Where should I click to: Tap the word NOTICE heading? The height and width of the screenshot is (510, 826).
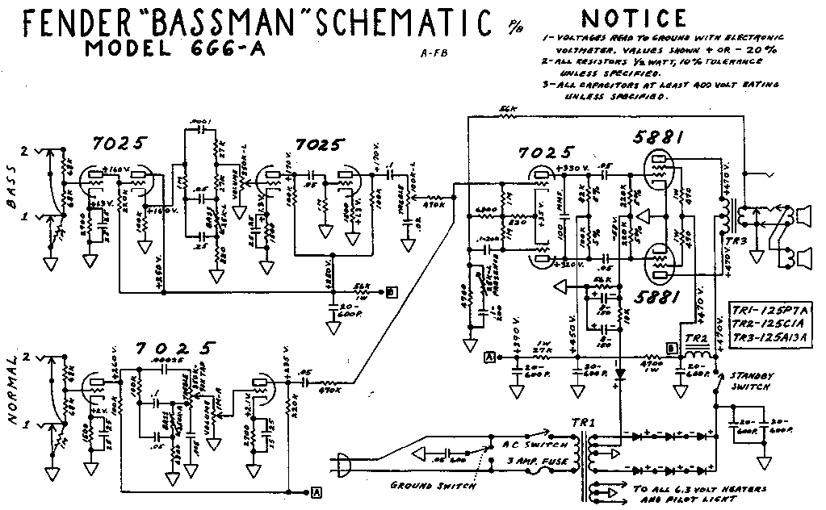[x=635, y=18]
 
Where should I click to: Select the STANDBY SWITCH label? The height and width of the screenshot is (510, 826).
[x=748, y=381]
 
